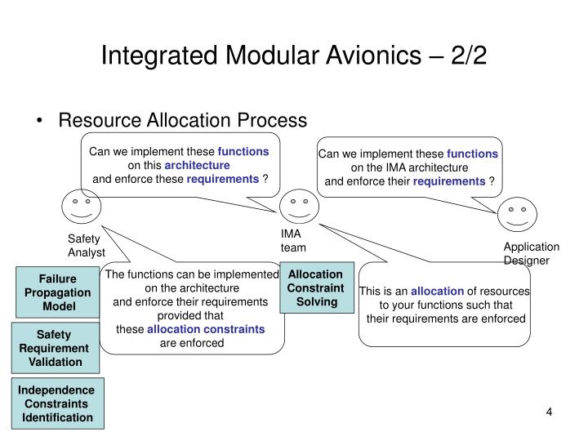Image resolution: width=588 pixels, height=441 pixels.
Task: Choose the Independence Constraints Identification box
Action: point(57,403)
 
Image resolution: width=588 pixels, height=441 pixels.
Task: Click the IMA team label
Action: point(292,241)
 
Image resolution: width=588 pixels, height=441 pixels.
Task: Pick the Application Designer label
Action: point(531,253)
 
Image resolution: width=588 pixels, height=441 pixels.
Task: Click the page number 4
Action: point(550,411)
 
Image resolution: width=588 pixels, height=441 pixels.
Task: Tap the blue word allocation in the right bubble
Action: point(437,291)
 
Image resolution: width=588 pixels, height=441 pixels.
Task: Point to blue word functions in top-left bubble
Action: point(243,152)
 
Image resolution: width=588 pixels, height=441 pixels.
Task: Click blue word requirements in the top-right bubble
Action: point(448,180)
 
